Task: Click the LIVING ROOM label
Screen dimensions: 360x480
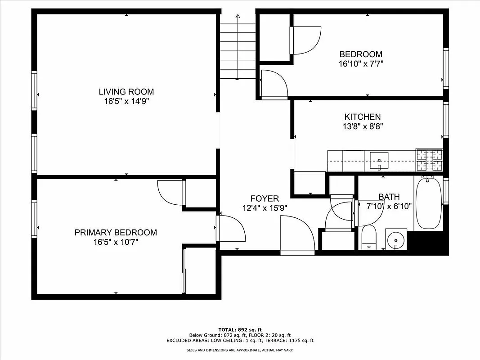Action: pyautogui.click(x=126, y=92)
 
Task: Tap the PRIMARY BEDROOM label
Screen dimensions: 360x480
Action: pyautogui.click(x=116, y=233)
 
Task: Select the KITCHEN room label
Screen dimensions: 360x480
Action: pyautogui.click(x=363, y=117)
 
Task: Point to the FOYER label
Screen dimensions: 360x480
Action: pyautogui.click(x=265, y=198)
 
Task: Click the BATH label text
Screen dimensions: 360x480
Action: pyautogui.click(x=389, y=197)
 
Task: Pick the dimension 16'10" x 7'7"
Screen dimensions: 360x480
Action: pyautogui.click(x=361, y=64)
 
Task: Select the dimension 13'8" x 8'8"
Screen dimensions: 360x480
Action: pyautogui.click(x=363, y=126)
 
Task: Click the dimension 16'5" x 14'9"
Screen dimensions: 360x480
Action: pyautogui.click(x=126, y=101)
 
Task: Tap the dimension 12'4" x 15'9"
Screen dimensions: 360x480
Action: pyautogui.click(x=265, y=208)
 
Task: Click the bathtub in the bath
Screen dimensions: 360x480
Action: pyautogui.click(x=428, y=203)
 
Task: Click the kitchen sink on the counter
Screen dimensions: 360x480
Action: pyautogui.click(x=379, y=160)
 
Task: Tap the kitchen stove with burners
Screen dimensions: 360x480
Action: pyautogui.click(x=430, y=160)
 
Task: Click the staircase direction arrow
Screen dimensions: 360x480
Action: pyautogui.click(x=238, y=18)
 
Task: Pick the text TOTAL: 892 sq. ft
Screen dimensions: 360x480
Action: pyautogui.click(x=240, y=329)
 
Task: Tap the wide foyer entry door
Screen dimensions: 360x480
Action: pyautogui.click(x=297, y=235)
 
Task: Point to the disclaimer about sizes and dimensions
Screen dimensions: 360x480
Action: pyautogui.click(x=240, y=350)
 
